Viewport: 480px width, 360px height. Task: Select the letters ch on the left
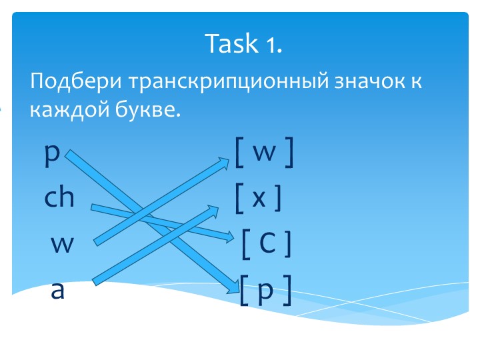coord(59,198)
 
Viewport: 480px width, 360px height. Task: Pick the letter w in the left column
coord(62,245)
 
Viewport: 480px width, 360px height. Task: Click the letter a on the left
coord(58,291)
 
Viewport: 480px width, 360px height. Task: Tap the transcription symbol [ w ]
coord(264,154)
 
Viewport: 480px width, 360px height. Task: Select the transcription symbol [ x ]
coord(259,198)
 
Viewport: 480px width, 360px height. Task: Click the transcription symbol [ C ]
coord(266,244)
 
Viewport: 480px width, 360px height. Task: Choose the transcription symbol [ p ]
coord(265,291)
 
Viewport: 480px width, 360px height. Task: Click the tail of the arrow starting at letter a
coord(96,283)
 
